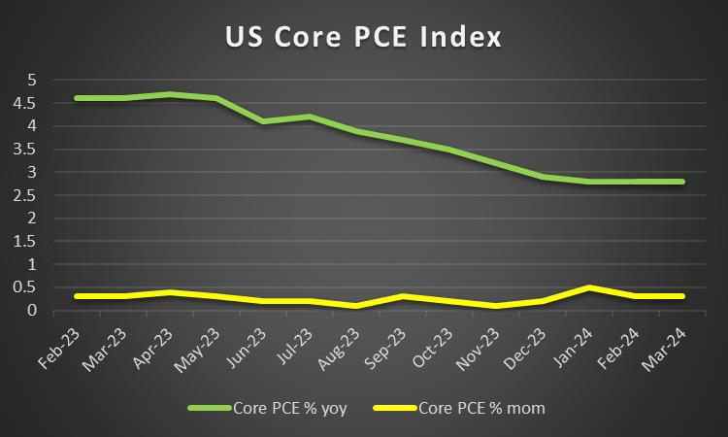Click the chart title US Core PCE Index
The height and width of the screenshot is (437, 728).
[x=364, y=38]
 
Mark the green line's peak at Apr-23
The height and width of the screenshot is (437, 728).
[x=170, y=94]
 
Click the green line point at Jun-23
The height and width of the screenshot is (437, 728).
[x=263, y=121]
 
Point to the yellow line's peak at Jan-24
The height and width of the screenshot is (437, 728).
[x=589, y=287]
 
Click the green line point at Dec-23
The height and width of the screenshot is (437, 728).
[x=543, y=177]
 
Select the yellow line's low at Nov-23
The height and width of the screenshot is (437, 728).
[x=496, y=306]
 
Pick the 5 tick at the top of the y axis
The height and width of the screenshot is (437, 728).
[x=31, y=80]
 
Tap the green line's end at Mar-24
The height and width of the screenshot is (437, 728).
[x=682, y=182]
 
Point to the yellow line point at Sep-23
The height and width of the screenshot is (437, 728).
[x=403, y=296]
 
